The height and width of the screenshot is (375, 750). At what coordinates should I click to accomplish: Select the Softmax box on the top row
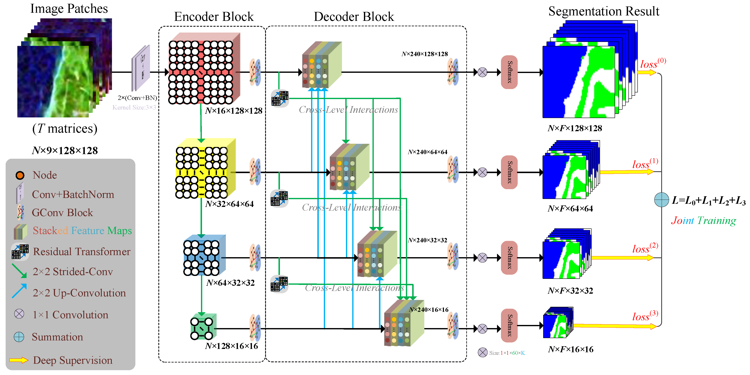pyautogui.click(x=509, y=72)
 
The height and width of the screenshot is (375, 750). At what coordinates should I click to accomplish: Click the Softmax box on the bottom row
pyautogui.click(x=509, y=325)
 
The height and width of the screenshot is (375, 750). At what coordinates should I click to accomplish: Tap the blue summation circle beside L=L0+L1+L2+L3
pyautogui.click(x=661, y=200)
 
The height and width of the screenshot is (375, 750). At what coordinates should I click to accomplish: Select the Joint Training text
pyautogui.click(x=703, y=220)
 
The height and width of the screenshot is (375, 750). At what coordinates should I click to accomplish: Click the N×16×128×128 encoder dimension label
pyautogui.click(x=234, y=111)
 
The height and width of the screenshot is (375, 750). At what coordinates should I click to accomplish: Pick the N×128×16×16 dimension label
pyautogui.click(x=231, y=346)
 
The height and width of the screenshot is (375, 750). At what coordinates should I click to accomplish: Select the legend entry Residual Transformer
pyautogui.click(x=81, y=252)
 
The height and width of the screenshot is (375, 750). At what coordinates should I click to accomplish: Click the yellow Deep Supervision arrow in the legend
pyautogui.click(x=19, y=360)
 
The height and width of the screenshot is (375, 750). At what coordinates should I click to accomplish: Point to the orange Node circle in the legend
pyautogui.click(x=20, y=175)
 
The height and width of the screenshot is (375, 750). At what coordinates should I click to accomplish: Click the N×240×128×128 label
pyautogui.click(x=425, y=54)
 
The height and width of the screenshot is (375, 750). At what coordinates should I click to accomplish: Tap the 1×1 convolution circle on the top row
pyautogui.click(x=482, y=72)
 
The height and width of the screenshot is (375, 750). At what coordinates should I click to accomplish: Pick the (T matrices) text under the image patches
pyautogui.click(x=65, y=128)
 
